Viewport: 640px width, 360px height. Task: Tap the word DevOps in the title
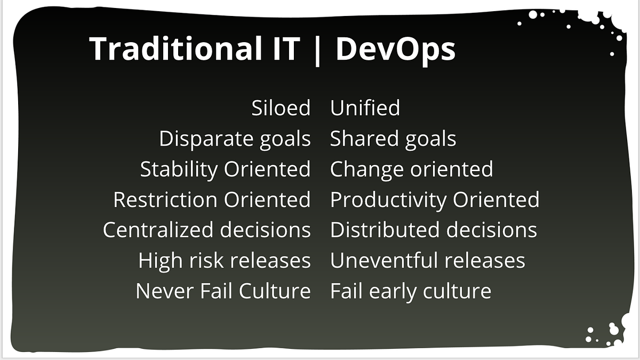395,50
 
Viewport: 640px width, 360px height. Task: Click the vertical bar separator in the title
317,51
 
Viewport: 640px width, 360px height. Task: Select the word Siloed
281,108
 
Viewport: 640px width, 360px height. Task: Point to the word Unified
365,107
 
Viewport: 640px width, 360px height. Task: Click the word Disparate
206,139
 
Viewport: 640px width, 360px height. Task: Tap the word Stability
179,170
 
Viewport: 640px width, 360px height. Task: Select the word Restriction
165,199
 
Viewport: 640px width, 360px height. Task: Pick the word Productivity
389,200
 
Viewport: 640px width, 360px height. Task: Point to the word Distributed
385,230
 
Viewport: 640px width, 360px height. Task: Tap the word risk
206,260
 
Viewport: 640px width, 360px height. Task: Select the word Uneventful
385,260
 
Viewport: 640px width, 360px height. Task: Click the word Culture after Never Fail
275,291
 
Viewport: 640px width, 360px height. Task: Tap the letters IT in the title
286,49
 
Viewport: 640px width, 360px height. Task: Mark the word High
161,261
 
